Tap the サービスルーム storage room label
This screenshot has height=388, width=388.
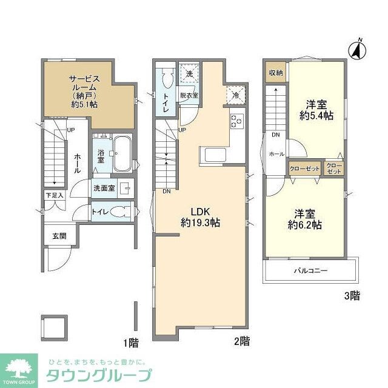point(84,91)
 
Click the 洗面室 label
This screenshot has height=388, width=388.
point(104,189)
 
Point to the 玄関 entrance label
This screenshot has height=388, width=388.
point(59,236)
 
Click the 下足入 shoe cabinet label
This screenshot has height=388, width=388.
point(53,196)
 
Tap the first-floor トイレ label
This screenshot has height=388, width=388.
point(99,212)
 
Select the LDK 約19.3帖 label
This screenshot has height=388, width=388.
point(199,217)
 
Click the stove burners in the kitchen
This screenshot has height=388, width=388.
point(236,121)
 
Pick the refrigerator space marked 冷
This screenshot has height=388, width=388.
point(235,95)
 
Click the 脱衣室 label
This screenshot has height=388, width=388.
point(189,95)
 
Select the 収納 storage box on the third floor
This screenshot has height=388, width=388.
point(276,73)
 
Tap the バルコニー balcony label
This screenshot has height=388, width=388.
point(311,270)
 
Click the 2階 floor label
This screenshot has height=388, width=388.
point(241,341)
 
